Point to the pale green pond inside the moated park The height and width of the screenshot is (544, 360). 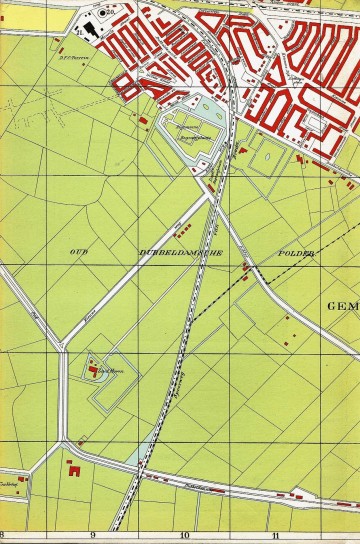pos(207,103)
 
